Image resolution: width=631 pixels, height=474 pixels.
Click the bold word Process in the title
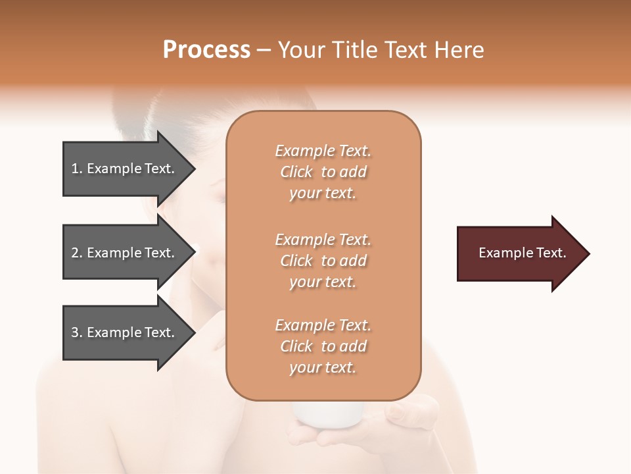pos(206,50)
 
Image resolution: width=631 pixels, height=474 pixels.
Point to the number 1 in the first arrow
pos(74,169)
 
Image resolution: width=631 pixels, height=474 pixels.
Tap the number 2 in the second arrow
pos(75,253)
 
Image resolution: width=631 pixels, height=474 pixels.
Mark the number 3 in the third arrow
pos(75,332)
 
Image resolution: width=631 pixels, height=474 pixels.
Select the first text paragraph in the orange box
pos(323,172)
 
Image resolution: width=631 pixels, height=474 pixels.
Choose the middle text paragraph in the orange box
pos(323,261)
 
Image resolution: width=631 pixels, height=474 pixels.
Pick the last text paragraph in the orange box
pos(323,346)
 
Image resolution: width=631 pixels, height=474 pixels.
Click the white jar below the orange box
pos(327,413)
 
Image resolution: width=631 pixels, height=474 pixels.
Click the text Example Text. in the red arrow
pos(522,253)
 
